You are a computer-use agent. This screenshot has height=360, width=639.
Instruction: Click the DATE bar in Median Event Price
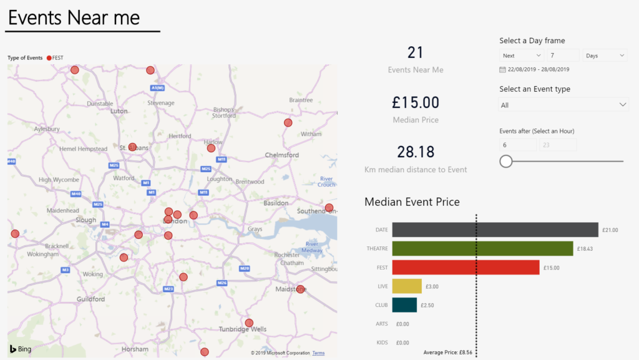pyautogui.click(x=495, y=230)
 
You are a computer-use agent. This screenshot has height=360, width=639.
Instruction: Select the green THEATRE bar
pyautogui.click(x=482, y=249)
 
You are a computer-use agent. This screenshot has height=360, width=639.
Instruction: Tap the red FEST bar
pyautogui.click(x=466, y=268)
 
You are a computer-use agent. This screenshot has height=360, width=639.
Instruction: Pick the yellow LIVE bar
pyautogui.click(x=407, y=286)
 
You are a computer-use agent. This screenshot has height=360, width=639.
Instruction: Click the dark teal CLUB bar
pyautogui.click(x=404, y=305)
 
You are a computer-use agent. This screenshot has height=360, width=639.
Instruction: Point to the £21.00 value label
pyautogui.click(x=610, y=230)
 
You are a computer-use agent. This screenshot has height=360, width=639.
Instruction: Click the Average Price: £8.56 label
pyautogui.click(x=447, y=353)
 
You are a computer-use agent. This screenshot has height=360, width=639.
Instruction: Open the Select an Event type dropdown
pyautogui.click(x=563, y=105)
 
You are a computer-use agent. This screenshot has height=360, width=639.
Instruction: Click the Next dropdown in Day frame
pyautogui.click(x=521, y=56)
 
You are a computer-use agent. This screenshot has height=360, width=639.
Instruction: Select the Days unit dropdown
pyautogui.click(x=604, y=56)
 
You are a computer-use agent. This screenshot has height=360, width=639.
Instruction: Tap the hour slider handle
pyautogui.click(x=506, y=162)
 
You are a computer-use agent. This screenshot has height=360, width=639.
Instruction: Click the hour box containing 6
pyautogui.click(x=517, y=145)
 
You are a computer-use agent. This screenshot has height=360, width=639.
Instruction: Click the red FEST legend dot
pyautogui.click(x=49, y=58)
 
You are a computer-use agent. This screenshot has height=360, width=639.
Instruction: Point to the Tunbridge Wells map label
pyautogui.click(x=243, y=329)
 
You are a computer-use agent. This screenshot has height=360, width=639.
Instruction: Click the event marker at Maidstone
pyautogui.click(x=300, y=289)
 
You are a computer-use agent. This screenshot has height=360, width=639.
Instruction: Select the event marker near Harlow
pyautogui.click(x=211, y=148)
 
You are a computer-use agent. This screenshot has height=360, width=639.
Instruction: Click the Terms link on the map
pyautogui.click(x=318, y=353)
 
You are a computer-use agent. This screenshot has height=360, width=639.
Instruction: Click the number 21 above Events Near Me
pyautogui.click(x=416, y=52)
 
